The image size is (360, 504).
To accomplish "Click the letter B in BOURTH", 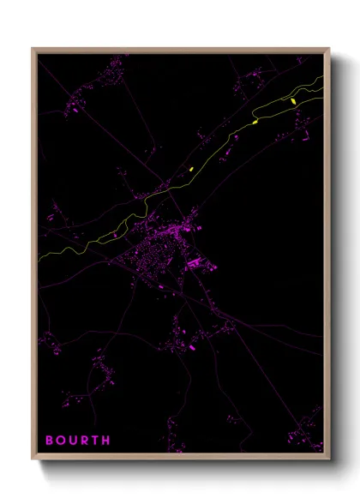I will click(50, 441).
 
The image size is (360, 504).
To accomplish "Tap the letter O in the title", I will click(62, 441).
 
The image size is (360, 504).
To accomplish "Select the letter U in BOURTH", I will click(74, 441).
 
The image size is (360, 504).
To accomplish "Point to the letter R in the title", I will click(85, 441).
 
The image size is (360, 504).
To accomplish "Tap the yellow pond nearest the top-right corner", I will click(293, 102).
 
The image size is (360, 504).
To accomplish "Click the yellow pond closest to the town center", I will click(191, 169).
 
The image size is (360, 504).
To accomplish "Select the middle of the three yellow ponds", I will click(255, 123).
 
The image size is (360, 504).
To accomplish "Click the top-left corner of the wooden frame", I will click(33, 49).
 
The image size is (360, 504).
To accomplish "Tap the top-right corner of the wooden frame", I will click(328, 49).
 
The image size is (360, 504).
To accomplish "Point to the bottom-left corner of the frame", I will click(33, 459).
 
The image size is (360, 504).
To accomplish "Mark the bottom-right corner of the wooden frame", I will click(328, 459).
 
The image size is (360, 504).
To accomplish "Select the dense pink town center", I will click(154, 249).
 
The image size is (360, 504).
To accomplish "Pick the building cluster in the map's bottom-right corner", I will click(304, 437).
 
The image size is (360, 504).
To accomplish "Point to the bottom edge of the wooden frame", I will click(180, 459).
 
